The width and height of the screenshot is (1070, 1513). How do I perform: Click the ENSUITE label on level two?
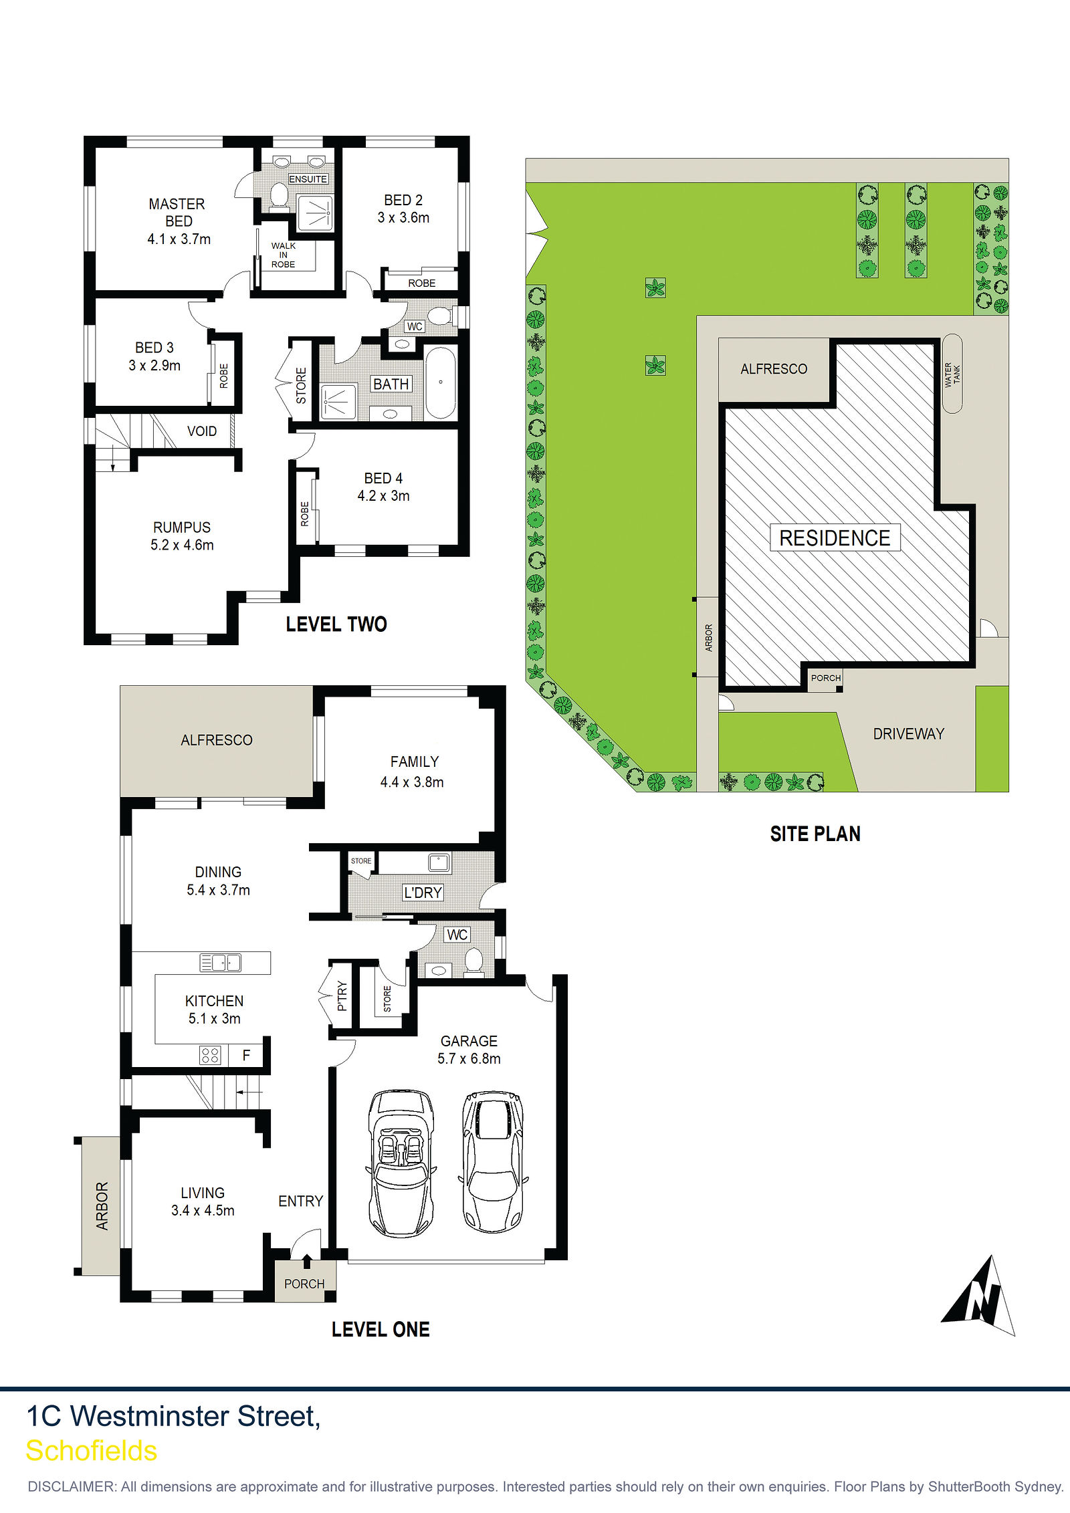coord(308,179)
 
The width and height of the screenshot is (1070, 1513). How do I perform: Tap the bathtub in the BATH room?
coord(441,383)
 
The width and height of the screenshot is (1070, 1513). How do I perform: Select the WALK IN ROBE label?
coord(284,255)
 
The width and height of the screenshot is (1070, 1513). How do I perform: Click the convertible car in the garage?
coord(401,1163)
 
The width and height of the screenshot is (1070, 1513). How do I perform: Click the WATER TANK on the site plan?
coord(952,374)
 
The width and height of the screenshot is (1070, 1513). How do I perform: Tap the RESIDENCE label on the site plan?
coord(835,538)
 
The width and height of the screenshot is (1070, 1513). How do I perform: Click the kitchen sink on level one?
coord(220,962)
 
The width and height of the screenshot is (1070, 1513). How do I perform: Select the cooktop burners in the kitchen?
coord(210,1056)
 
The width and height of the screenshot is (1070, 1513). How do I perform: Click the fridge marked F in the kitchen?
coord(246,1055)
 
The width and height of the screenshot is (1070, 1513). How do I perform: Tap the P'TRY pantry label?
coord(342,996)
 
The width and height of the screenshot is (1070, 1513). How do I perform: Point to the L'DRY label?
coord(423,893)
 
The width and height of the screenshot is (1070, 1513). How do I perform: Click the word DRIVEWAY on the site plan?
coord(909,734)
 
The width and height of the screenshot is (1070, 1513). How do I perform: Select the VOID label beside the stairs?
coord(202,431)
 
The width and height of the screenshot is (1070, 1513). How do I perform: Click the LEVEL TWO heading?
coord(336,624)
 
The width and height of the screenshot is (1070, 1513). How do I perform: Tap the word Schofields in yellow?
coord(92,1451)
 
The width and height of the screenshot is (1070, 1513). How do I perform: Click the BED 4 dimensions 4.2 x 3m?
coord(383,496)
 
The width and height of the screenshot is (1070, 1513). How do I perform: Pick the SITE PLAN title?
coord(815,834)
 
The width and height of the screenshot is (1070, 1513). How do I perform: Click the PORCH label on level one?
coord(304,1284)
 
